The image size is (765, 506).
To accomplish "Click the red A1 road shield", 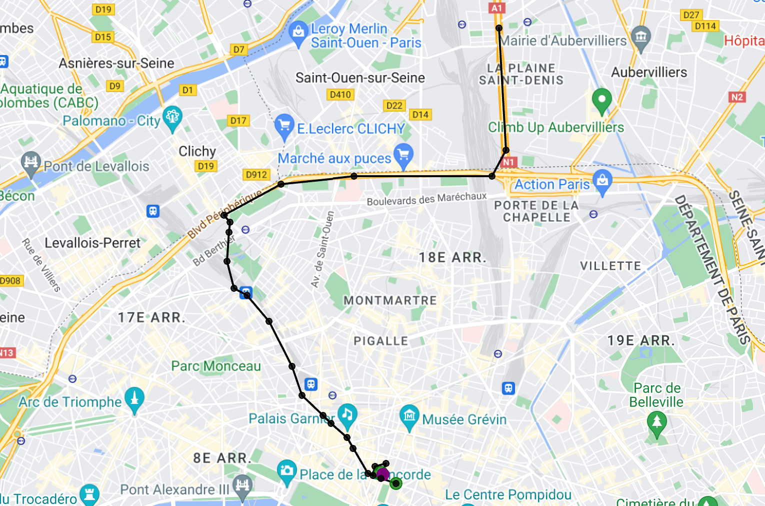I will coord(496,8).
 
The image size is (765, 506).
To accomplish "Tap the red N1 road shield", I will coord(508,162).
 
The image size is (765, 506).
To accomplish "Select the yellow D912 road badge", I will coord(256,175).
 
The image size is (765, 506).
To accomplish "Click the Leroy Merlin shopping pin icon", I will coord(298,33).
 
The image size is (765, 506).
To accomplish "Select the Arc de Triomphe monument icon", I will coord(134,399).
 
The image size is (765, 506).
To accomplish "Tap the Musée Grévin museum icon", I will coord(409,416).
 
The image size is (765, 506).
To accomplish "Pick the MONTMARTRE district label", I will coord(390,301).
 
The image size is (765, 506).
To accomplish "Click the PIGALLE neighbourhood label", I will coord(381,341).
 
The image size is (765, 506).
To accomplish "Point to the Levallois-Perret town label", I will coord(92,243).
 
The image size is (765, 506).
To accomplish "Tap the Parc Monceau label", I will coord(216,366).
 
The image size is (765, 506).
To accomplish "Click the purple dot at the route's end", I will coord(382,474).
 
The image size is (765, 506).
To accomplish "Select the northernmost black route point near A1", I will coord(498,28).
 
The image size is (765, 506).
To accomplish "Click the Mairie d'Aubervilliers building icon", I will coord(641,37).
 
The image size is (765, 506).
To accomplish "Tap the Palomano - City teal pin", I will coord(172,117).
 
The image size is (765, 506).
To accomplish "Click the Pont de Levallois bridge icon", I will coord(31,163).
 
